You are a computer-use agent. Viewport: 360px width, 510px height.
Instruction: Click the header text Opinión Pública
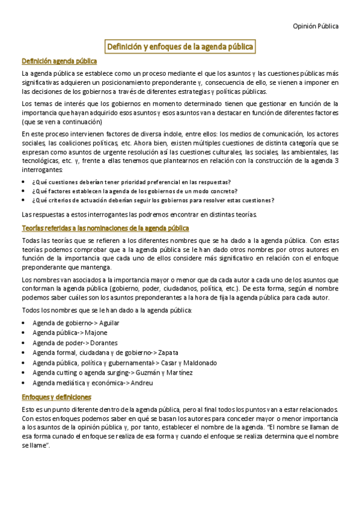tap(315, 26)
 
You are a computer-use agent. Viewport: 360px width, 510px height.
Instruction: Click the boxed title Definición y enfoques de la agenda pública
tap(180, 46)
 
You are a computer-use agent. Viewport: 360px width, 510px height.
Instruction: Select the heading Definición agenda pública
tap(59, 61)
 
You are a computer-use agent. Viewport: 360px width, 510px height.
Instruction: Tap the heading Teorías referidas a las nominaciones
tap(105, 228)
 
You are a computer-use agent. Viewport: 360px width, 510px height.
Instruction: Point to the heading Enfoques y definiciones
tap(56, 397)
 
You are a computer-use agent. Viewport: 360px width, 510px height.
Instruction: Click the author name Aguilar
tap(109, 323)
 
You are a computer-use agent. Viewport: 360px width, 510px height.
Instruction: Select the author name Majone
tap(96, 333)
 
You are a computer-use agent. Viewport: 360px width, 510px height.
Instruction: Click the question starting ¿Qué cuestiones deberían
tap(132, 182)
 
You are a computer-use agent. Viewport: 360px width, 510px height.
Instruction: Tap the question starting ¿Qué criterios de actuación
tap(153, 200)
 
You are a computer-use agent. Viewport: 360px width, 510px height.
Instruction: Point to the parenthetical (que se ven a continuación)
tap(55, 121)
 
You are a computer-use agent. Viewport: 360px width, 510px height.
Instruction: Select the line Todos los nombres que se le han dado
tap(106, 310)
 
